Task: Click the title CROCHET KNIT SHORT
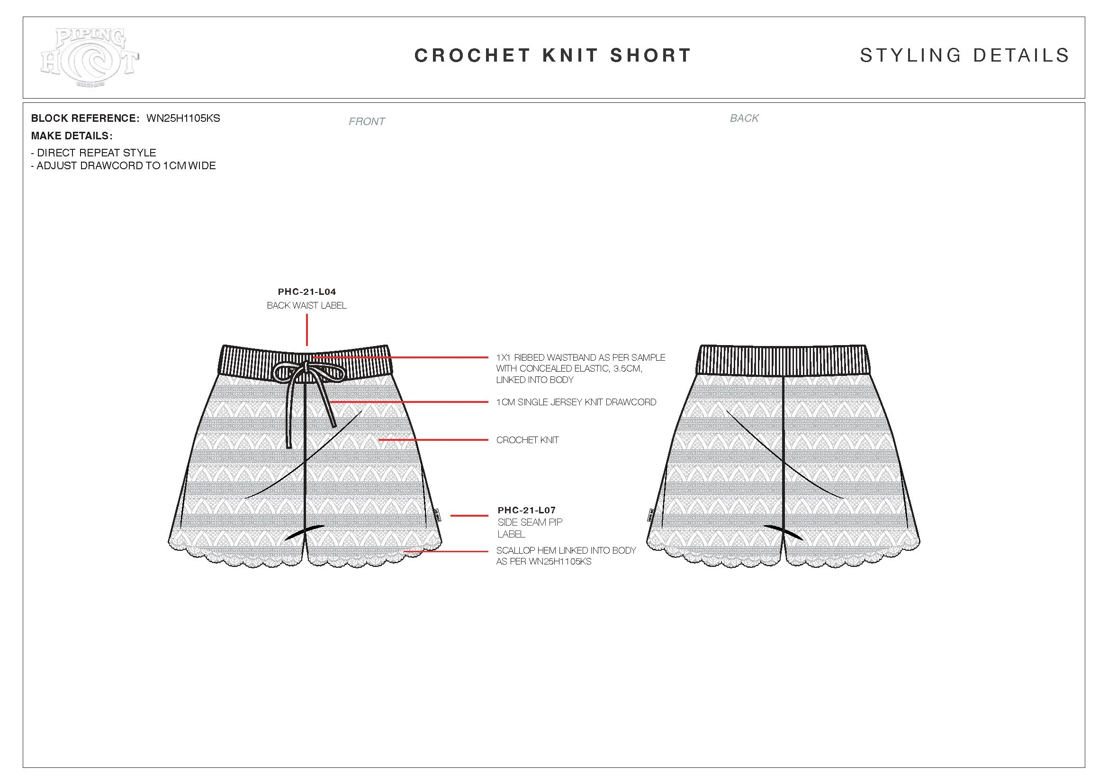pyautogui.click(x=553, y=55)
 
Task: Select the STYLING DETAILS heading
pyautogui.click(x=964, y=55)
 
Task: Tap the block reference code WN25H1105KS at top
pyautogui.click(x=183, y=119)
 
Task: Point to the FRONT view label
pyautogui.click(x=367, y=122)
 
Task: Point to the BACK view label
pyautogui.click(x=744, y=119)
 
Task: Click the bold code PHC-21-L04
pyautogui.click(x=307, y=292)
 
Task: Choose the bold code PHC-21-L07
pyautogui.click(x=526, y=510)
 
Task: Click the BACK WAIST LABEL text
pyautogui.click(x=307, y=306)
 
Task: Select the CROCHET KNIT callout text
pyautogui.click(x=527, y=440)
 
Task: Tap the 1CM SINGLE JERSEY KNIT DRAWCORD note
pyautogui.click(x=576, y=402)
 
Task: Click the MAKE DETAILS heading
pyautogui.click(x=72, y=136)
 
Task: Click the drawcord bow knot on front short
pyautogui.click(x=307, y=369)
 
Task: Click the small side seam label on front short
pyautogui.click(x=436, y=515)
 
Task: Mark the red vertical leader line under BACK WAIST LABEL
pyautogui.click(x=307, y=330)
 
